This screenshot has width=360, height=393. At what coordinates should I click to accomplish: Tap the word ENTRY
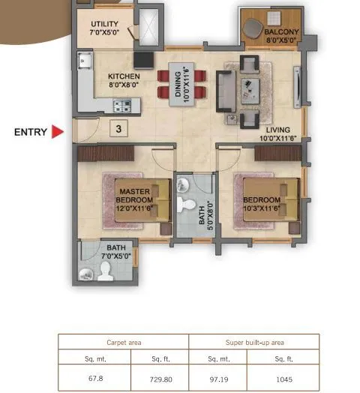31,133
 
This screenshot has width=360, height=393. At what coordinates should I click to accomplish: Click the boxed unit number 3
118,128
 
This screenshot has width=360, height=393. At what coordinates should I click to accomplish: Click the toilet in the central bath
187,203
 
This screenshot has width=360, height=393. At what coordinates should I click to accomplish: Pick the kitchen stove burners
123,104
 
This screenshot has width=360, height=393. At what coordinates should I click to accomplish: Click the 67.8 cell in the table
95,378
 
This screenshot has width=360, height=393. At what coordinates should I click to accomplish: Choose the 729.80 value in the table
160,378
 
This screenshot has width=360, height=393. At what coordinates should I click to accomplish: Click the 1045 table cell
286,378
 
